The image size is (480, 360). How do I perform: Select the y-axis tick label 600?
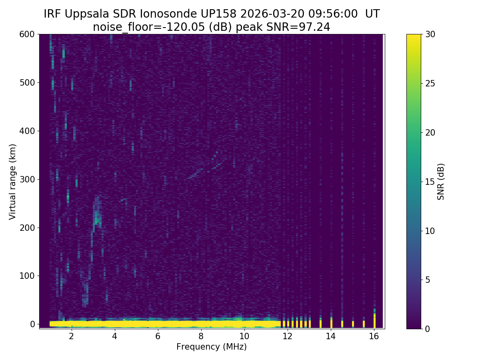point(26,34)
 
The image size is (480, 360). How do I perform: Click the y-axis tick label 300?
point(26,179)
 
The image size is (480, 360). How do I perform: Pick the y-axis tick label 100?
point(26,276)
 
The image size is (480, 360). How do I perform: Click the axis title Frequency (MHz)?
point(212,347)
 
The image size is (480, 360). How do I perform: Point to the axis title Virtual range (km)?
point(13,182)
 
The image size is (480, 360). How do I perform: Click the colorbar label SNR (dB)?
point(441,182)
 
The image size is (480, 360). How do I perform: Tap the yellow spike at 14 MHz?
point(331,322)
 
